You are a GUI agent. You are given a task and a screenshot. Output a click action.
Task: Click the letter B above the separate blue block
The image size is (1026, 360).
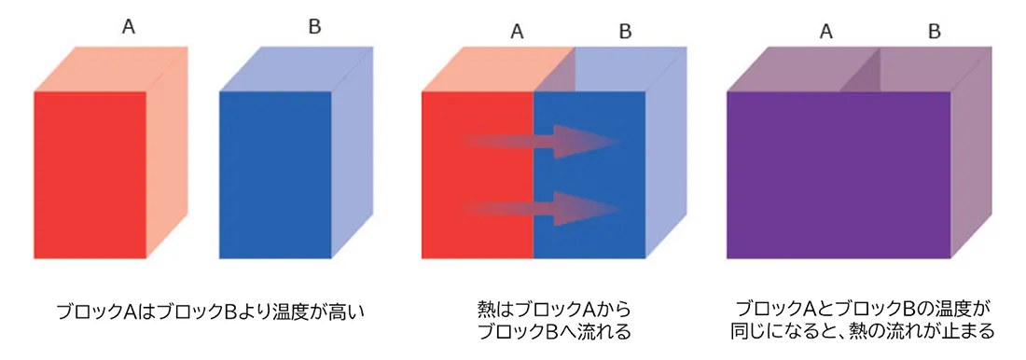(x=314, y=28)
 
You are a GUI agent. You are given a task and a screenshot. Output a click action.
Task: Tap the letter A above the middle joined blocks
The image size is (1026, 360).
(x=517, y=32)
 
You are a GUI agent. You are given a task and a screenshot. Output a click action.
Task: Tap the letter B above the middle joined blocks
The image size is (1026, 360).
(x=626, y=32)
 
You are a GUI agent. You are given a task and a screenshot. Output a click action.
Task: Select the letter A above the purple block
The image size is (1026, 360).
(x=825, y=32)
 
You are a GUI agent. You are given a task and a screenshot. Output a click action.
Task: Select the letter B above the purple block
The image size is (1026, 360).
(x=935, y=32)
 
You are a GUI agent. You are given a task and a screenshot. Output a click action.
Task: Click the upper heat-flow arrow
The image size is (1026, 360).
(x=542, y=142)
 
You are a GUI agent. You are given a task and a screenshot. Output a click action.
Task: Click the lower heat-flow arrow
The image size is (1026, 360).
(x=542, y=209)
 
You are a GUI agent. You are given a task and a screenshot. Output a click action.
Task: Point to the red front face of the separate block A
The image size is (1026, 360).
(x=90, y=174)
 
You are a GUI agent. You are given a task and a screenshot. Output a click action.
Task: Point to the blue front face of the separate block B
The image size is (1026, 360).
(x=275, y=174)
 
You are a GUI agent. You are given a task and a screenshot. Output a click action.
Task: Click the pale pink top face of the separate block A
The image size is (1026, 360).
(x=111, y=69)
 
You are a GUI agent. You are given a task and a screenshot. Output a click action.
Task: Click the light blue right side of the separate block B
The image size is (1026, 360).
(x=353, y=152)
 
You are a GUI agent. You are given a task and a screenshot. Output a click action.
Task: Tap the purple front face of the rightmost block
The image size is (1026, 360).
(x=839, y=174)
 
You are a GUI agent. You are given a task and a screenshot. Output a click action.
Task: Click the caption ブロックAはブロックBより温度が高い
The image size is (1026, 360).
(x=209, y=310)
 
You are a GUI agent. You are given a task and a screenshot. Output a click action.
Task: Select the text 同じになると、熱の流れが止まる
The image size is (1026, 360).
(x=863, y=332)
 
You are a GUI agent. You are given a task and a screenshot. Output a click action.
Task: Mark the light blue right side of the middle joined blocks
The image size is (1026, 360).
(x=667, y=152)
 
